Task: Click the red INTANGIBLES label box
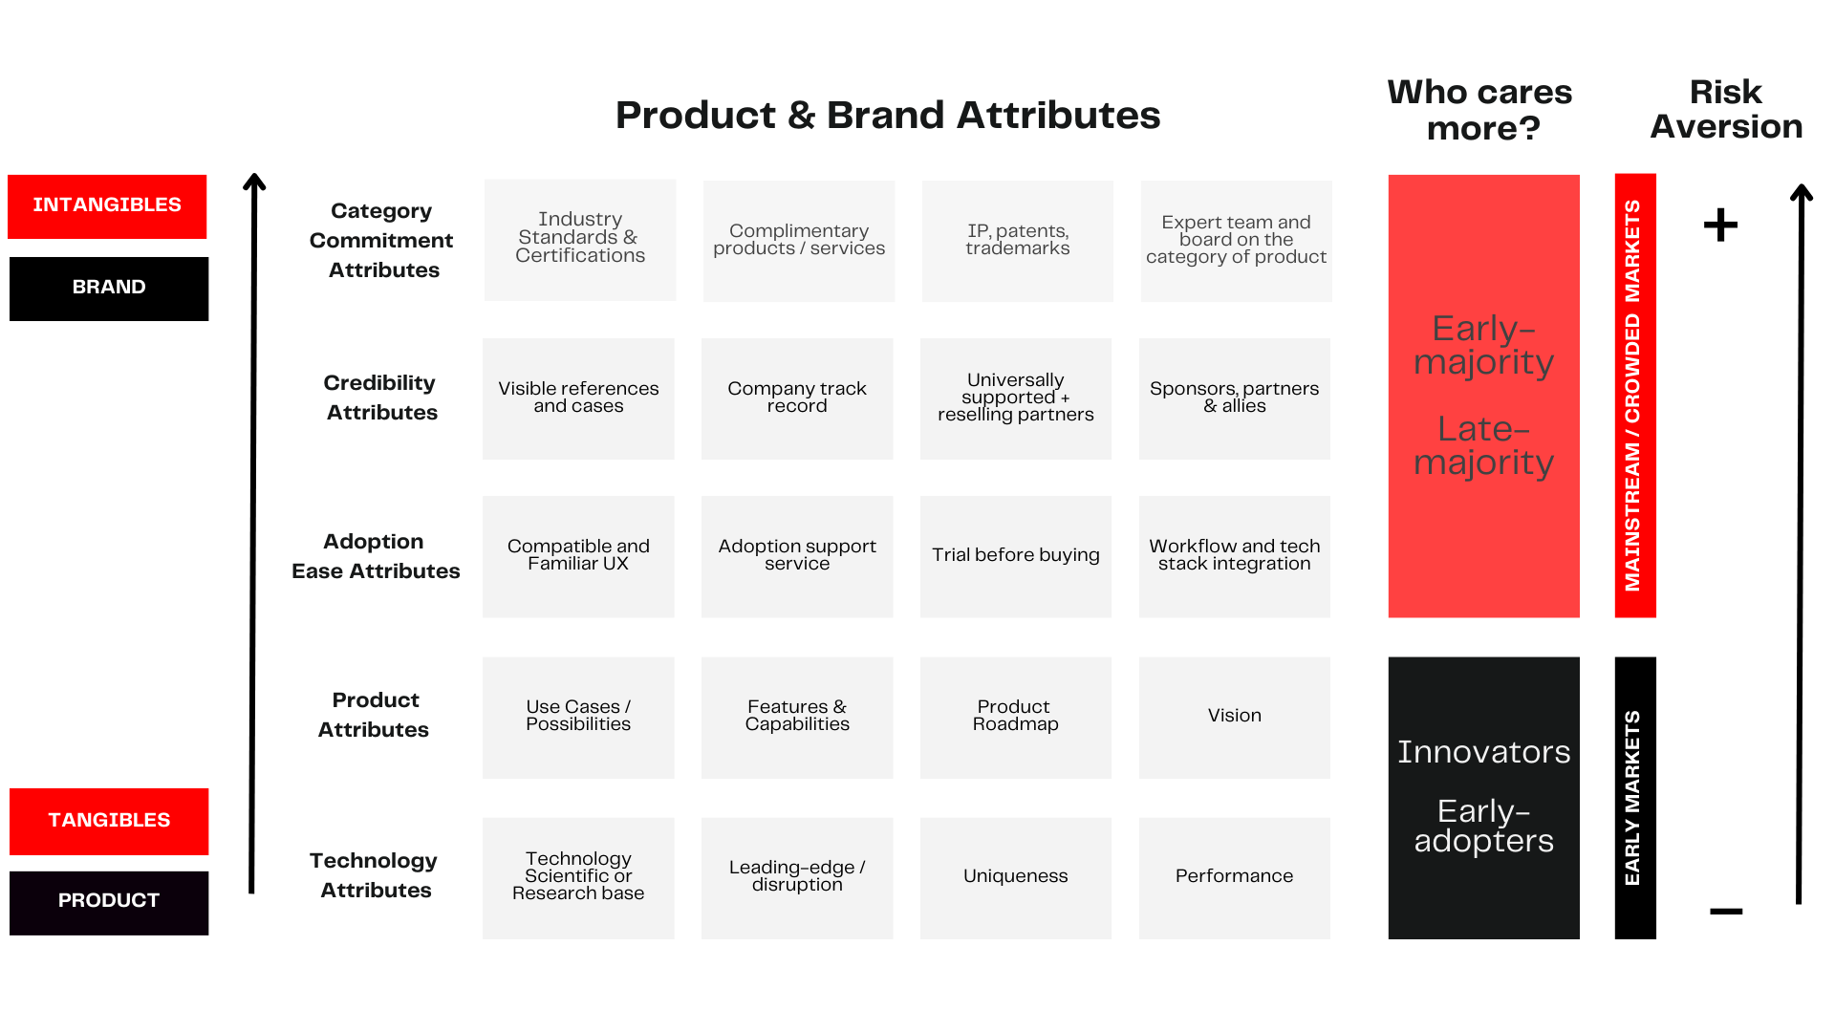click(x=107, y=206)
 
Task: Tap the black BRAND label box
click(x=109, y=289)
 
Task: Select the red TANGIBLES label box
click(x=109, y=821)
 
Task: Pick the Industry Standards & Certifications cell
click(x=580, y=239)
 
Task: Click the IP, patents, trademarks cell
click(x=1017, y=241)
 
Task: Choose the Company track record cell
click(x=797, y=398)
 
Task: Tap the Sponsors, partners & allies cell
click(x=1234, y=398)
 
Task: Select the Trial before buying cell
click(x=1015, y=556)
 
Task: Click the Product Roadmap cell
click(x=1015, y=717)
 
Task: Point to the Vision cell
click(x=1234, y=717)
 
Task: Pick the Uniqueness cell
click(x=1015, y=877)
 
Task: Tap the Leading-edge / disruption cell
click(x=797, y=877)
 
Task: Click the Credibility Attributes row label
click(x=380, y=398)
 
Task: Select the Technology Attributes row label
click(x=375, y=875)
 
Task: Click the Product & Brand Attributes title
click(x=888, y=116)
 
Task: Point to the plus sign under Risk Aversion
click(x=1720, y=226)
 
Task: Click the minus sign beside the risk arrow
click(x=1725, y=912)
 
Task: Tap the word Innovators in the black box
click(x=1483, y=752)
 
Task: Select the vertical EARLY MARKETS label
click(x=1633, y=798)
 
